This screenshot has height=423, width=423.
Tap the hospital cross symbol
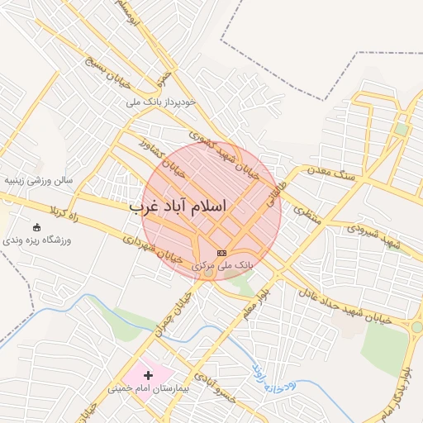tap(149, 376)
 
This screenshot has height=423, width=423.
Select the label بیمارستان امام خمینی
tap(149, 388)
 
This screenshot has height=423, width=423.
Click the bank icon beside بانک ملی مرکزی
tap(221, 252)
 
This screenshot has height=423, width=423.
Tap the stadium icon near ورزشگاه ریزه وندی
tap(36, 226)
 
